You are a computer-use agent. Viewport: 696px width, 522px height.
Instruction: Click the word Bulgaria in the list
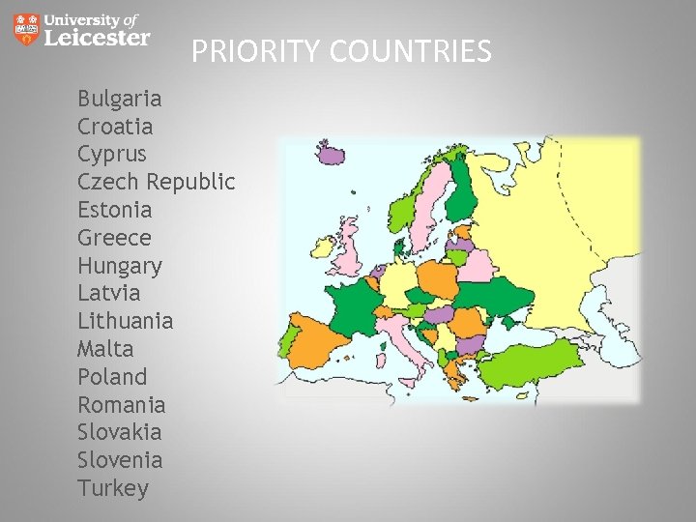(119, 99)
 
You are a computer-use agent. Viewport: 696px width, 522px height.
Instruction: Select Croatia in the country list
(115, 127)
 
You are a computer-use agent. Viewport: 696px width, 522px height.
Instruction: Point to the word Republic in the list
(190, 182)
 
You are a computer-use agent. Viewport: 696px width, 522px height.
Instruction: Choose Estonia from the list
(115, 210)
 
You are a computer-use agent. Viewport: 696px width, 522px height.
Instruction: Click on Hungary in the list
(120, 266)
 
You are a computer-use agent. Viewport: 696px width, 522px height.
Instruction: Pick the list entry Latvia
(108, 293)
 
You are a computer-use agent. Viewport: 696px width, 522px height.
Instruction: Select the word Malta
(105, 349)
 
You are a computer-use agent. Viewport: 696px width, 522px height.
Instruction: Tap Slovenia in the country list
(120, 460)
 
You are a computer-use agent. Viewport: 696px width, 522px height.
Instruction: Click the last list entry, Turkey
(113, 488)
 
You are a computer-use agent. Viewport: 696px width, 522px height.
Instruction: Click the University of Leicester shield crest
(27, 29)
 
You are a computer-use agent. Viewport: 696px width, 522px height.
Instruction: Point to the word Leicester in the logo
(98, 38)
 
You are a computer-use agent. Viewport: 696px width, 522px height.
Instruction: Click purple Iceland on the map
(333, 154)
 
